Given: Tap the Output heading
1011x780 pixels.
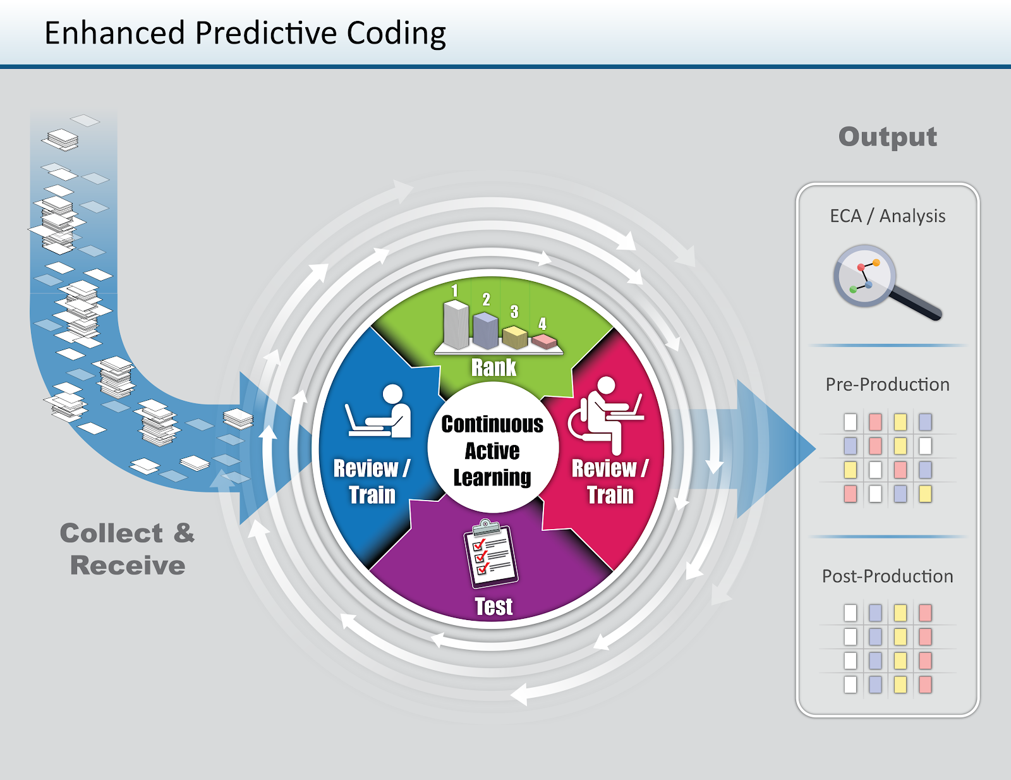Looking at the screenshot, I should pos(887,137).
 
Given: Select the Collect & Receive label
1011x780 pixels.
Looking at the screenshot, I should pos(128,549).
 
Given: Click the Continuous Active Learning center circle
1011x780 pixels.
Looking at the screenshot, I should pos(492,450).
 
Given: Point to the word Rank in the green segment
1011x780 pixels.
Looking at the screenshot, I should pos(493,367).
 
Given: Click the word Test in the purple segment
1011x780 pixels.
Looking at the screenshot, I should pos(493,606).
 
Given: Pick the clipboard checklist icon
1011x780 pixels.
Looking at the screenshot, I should pos(491,554).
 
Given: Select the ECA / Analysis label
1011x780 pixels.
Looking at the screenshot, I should pos(887,216).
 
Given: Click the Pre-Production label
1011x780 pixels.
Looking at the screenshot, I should pos(887,384).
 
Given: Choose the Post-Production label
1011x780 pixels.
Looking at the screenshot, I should pos(887,576).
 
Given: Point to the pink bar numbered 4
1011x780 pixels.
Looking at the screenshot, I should pos(544,341).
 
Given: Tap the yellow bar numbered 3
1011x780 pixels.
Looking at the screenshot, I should pos(515,336).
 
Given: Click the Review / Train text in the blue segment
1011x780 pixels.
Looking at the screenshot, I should pos(372,481).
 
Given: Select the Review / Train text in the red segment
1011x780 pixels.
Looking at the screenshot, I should pos(610,481).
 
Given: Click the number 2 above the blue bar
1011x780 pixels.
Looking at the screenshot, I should pos(486,300).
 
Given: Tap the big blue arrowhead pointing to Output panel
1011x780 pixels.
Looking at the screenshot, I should pos(774,449).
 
